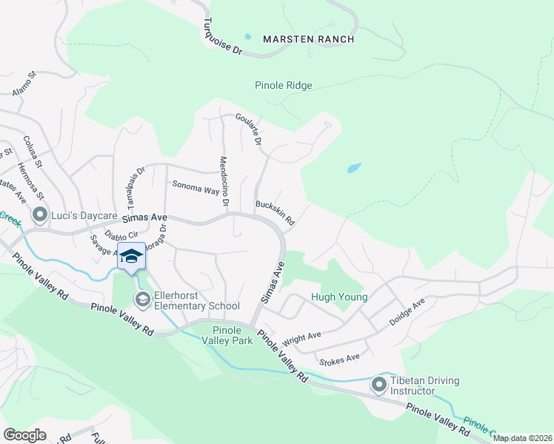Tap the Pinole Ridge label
point(284,86)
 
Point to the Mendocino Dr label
point(224,181)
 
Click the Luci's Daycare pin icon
point(39,215)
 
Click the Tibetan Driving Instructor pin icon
point(379,385)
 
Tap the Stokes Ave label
point(338,360)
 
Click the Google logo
point(24,435)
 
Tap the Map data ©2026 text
point(522,438)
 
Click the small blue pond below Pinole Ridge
point(354,168)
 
